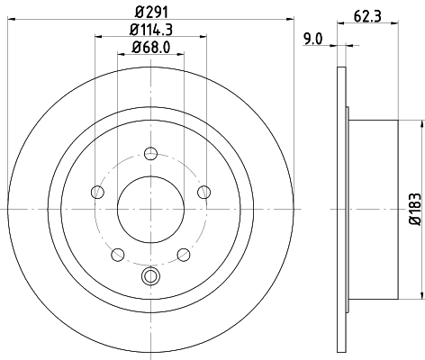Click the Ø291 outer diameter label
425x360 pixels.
coord(150,11)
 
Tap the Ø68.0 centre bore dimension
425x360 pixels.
coord(150,47)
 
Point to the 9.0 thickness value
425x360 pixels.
coord(314,38)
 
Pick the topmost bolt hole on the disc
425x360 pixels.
coord(150,152)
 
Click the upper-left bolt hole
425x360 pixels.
coord(96,191)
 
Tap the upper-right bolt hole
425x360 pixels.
coord(203,191)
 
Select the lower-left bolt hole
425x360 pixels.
coord(117,254)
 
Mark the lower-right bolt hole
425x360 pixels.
coord(183,254)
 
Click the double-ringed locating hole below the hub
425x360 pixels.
coord(150,277)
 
